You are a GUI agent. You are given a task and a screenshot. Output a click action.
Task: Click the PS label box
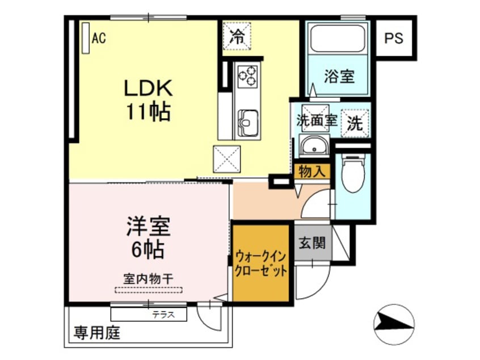click(394, 39)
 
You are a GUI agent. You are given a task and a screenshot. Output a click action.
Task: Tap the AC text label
click(99, 39)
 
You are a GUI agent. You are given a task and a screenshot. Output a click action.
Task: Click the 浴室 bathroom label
click(339, 76)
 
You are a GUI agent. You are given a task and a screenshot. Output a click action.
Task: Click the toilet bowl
click(352, 174)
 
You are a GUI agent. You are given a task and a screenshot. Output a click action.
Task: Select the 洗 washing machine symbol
click(355, 123)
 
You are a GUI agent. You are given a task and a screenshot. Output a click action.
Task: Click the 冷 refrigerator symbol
click(237, 37)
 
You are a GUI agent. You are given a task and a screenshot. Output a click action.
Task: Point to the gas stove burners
click(247, 76)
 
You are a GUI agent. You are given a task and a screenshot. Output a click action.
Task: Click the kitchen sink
click(247, 120)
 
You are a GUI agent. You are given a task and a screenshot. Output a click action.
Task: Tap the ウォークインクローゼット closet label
click(262, 262)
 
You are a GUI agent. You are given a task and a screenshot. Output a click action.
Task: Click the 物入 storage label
click(311, 171)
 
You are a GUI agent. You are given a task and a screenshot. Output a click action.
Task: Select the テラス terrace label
click(162, 313)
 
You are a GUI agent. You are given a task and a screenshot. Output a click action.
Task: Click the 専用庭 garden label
click(96, 334)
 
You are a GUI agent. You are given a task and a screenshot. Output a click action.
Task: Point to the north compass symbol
click(393, 324)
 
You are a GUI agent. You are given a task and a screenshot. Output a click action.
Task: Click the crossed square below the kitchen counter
click(227, 158)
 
